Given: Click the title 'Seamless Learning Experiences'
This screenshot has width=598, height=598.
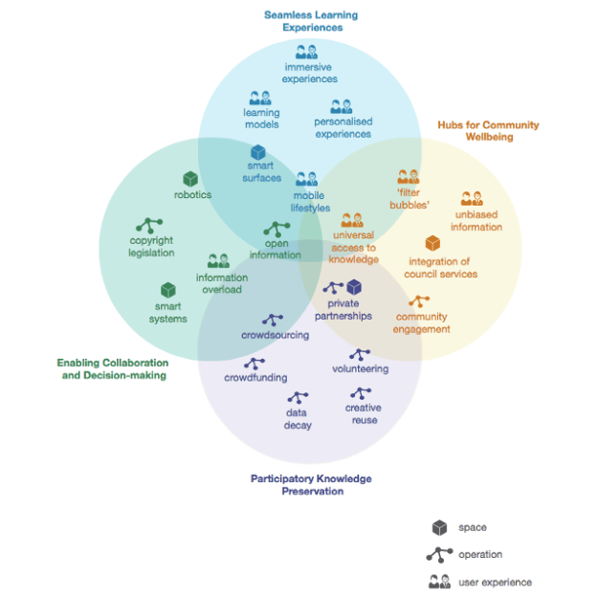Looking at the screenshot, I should (312, 21).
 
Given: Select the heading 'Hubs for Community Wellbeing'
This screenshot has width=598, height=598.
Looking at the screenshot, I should (488, 131).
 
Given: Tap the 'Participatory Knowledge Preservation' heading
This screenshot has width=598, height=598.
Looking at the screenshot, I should (311, 485).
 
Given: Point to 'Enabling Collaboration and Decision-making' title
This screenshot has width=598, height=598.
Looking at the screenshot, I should (112, 369).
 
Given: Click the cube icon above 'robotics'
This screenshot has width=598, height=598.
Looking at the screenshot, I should (190, 179).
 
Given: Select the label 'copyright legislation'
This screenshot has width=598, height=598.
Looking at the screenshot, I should (151, 247).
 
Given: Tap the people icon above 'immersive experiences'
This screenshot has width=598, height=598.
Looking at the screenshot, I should (306, 52).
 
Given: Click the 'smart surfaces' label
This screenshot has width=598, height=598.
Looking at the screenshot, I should (262, 172).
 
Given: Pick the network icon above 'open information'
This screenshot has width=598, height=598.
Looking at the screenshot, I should (277, 230).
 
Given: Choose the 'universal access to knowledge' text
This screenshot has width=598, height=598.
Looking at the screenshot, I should (353, 247).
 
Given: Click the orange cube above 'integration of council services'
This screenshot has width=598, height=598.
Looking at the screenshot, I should (433, 244).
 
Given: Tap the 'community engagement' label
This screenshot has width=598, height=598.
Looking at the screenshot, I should (421, 323).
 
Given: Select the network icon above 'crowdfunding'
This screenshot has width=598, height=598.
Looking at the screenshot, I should (255, 364).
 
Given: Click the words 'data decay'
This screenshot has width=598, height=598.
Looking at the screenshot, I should (298, 419).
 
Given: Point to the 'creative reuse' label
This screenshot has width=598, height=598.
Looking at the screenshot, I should (363, 414).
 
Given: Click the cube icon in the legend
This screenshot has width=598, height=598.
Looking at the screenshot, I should (439, 527).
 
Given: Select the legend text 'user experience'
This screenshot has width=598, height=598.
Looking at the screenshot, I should (495, 582).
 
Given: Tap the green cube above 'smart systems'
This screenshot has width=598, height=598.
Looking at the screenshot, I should (168, 290).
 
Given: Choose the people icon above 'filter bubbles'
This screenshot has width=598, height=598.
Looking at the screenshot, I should (409, 176).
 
